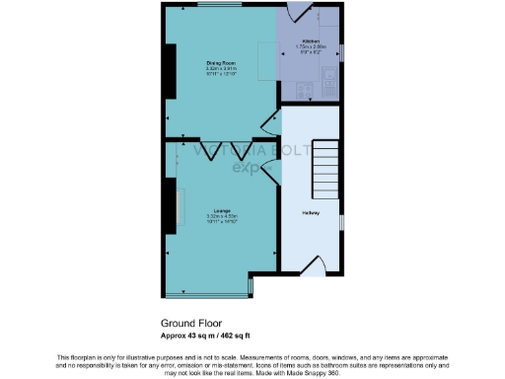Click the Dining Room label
[220, 62]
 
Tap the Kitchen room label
[313, 40]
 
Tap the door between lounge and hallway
[271, 256]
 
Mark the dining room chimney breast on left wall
[171, 75]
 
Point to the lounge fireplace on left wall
[171, 205]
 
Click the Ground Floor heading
[191, 322]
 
